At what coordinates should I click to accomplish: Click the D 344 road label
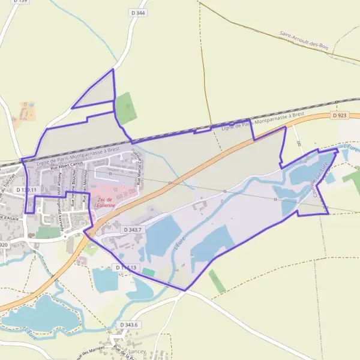137,12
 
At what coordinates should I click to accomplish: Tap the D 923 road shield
339,115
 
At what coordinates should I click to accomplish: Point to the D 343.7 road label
133,230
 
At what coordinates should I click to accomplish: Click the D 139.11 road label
27,190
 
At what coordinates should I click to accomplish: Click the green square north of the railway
125,107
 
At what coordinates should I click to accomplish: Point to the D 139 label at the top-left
20,1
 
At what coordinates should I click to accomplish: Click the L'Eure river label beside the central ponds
178,243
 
